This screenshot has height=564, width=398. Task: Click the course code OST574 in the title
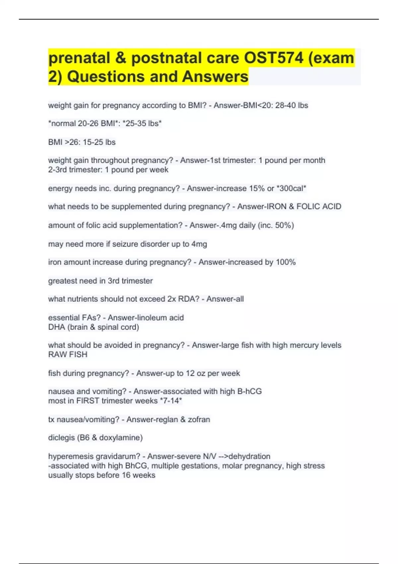pyautogui.click(x=274, y=58)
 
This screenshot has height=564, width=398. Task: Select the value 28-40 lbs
pyautogui.click(x=292, y=106)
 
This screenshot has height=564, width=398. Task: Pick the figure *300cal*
pyautogui.click(x=292, y=188)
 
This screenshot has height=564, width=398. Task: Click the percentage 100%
pyautogui.click(x=286, y=262)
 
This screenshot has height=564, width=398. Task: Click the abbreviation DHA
pyautogui.click(x=56, y=327)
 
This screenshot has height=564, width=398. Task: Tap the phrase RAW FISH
pyautogui.click(x=68, y=355)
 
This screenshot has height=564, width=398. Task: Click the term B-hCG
pyautogui.click(x=249, y=391)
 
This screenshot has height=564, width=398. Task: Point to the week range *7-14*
pyautogui.click(x=171, y=401)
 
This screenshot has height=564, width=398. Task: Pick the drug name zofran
pyautogui.click(x=199, y=419)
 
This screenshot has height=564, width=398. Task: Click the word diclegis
pyautogui.click(x=61, y=438)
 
